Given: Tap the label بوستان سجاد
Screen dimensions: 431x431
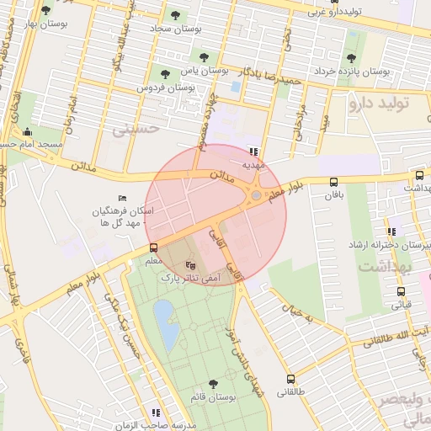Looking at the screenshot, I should pyautogui.click(x=173, y=29).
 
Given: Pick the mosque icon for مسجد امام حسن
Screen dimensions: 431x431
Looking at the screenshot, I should pyautogui.click(x=28, y=131).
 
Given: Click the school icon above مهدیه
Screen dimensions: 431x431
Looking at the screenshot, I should pyautogui.click(x=253, y=152).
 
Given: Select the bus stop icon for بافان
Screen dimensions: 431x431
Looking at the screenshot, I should pyautogui.click(x=334, y=182).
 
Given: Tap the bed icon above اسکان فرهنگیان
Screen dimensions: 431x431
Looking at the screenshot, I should pyautogui.click(x=123, y=198).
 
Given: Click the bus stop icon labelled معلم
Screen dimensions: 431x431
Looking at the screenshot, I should pyautogui.click(x=153, y=247).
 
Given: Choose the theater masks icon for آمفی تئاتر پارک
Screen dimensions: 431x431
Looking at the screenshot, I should pyautogui.click(x=190, y=264).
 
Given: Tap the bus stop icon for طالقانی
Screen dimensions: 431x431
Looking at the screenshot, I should pyautogui.click(x=291, y=379).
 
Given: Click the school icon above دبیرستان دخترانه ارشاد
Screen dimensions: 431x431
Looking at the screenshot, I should pyautogui.click(x=391, y=231).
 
